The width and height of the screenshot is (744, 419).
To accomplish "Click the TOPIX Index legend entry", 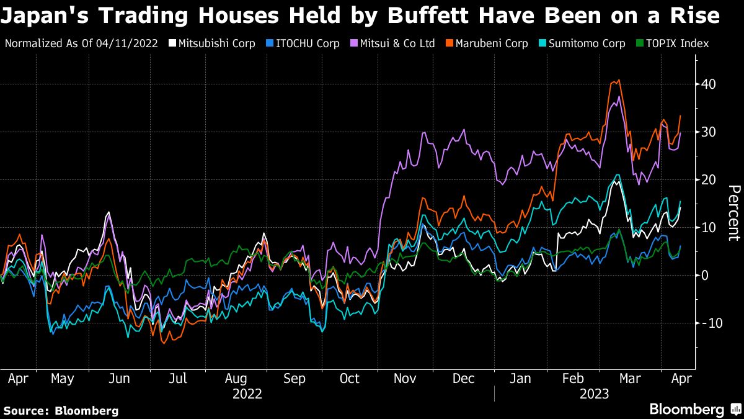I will pos(672,43).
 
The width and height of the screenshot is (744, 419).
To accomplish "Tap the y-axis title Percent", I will pos(733,213).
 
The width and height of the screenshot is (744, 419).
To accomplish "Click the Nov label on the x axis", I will pos(405,378).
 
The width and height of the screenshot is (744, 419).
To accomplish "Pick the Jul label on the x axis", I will pos(179,378).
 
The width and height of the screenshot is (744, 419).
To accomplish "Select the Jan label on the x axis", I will pos(520,378).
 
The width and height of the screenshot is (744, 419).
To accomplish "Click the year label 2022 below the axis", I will pos(247,394).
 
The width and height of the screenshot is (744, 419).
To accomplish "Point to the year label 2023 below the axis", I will pos(594,394).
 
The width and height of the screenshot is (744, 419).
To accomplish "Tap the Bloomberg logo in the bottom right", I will pos(694,410).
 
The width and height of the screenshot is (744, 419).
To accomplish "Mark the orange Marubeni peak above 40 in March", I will pos(618,80).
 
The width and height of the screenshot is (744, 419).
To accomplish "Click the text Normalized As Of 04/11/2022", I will pos(81,43).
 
